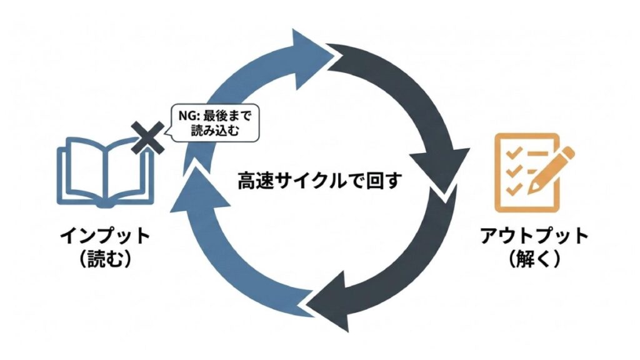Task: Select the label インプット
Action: pos(105,237)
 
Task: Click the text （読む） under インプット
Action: pos(105,259)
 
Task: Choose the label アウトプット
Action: pos(534,237)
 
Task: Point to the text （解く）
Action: pos(534,259)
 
